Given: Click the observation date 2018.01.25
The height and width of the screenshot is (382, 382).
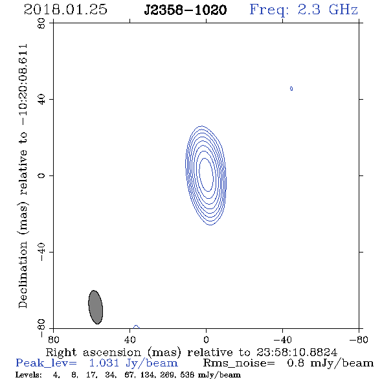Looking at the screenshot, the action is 65,10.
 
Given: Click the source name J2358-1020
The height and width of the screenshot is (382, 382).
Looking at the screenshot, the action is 185,10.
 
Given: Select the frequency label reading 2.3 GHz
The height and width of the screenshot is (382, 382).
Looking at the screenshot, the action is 328,10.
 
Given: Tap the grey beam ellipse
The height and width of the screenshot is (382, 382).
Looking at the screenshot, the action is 96,307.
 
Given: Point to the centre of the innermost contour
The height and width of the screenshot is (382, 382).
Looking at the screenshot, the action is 206,175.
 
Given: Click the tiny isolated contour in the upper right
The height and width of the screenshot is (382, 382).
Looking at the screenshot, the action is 291,89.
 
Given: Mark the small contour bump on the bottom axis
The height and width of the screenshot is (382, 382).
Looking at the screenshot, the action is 136,327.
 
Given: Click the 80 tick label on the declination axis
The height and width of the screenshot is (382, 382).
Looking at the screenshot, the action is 41,23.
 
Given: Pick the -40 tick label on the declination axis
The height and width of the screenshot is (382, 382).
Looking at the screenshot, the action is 41,252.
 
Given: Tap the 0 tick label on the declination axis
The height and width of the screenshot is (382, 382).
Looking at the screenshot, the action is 41,175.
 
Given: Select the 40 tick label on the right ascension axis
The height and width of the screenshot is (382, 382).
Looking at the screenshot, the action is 129,339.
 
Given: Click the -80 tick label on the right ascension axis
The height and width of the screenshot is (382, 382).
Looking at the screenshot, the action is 359,339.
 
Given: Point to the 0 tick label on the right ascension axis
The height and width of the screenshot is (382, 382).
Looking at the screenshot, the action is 206,339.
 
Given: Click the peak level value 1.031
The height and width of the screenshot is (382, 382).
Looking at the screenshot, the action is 104,363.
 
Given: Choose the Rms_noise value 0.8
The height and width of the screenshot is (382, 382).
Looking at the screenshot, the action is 295,363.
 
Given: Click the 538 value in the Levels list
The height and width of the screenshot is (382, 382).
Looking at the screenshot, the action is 187,374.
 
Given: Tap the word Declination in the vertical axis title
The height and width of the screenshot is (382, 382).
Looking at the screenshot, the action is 23,275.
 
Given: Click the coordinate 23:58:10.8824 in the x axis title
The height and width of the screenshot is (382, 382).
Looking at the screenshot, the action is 297,352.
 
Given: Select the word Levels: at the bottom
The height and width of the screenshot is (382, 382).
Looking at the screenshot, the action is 28,374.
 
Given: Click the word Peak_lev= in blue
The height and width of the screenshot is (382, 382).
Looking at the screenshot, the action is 46,363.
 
